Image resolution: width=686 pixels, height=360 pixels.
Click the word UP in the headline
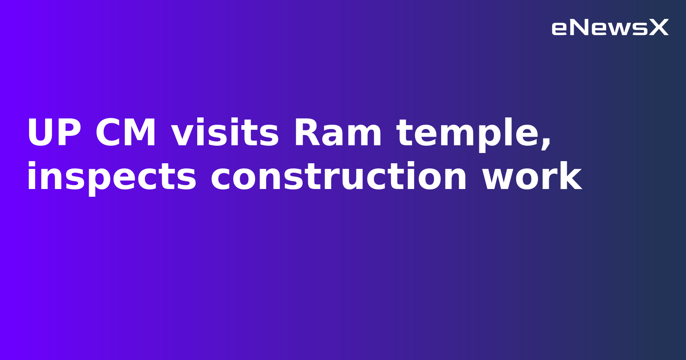(x=54, y=134)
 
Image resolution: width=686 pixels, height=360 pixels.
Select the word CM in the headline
(x=126, y=134)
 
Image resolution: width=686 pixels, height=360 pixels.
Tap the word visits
(x=225, y=134)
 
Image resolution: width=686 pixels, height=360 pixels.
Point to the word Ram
(x=337, y=134)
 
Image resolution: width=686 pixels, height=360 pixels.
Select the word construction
(x=339, y=177)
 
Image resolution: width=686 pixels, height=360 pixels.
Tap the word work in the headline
(x=532, y=177)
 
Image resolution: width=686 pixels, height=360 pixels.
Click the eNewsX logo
(x=610, y=28)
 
